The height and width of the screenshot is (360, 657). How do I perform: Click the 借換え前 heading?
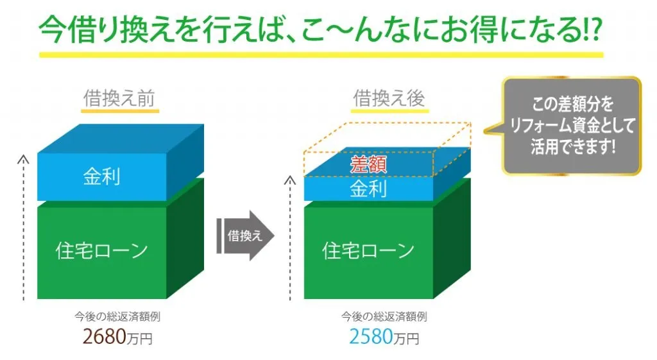(x=119, y=98)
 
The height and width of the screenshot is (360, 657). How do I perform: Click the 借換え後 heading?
(x=389, y=98)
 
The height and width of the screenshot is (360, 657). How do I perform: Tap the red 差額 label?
(x=368, y=164)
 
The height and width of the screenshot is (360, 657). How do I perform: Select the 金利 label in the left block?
(x=102, y=176)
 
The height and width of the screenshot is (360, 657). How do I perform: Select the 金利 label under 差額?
(x=368, y=189)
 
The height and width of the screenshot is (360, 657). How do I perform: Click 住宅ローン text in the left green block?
(x=102, y=250)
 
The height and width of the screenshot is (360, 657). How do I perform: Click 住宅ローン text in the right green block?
(x=368, y=250)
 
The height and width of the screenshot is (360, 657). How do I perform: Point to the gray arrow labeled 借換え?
(x=246, y=236)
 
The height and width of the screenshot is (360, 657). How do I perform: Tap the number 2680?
(x=105, y=336)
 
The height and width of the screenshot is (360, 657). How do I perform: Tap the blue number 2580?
(x=371, y=336)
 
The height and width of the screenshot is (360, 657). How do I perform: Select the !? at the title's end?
(x=592, y=30)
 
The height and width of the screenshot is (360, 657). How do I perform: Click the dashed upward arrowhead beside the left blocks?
(x=24, y=159)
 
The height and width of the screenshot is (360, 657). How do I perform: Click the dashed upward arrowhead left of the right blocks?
(x=290, y=180)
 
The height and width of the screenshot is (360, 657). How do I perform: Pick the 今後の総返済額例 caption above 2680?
(x=117, y=316)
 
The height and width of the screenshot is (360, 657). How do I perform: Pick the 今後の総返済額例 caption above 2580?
(x=384, y=316)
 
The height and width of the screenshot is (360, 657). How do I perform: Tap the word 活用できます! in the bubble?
(x=573, y=147)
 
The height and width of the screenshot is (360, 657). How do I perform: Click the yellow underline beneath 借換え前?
(x=120, y=111)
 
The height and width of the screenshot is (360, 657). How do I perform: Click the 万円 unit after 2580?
(x=406, y=339)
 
